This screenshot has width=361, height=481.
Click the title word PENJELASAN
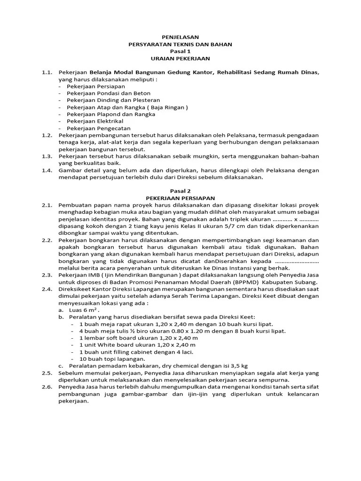point(180,37)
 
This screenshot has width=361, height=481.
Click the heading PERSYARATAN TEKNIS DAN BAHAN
point(180,44)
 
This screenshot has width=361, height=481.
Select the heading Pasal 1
point(180,51)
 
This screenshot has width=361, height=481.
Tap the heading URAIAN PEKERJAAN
point(180,59)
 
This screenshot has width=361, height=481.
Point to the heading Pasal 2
point(180,191)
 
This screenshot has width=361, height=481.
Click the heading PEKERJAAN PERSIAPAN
point(180,198)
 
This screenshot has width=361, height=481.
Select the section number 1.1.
point(46,73)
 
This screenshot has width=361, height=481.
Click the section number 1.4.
point(46,170)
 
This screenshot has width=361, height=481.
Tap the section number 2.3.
point(46,275)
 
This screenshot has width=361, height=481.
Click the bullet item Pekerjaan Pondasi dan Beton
point(102,93)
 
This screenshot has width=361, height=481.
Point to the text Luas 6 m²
point(85,310)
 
